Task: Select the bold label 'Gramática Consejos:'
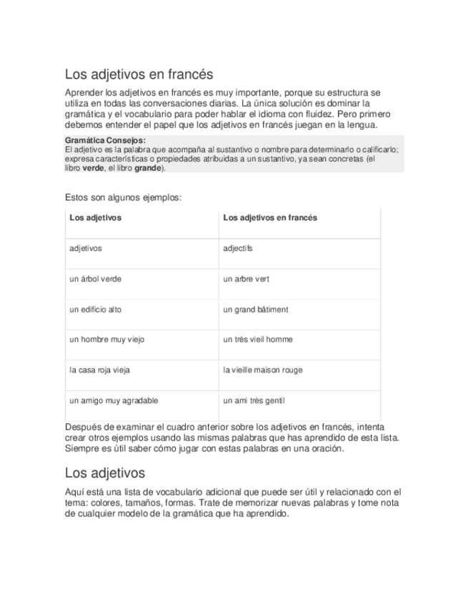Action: click(x=105, y=140)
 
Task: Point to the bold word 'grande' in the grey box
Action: click(x=148, y=169)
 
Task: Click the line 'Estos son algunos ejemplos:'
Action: click(x=123, y=197)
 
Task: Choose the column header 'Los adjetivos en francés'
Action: click(x=270, y=218)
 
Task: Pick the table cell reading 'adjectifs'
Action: click(x=238, y=249)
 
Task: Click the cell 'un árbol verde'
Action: click(x=96, y=279)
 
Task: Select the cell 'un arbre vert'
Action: click(x=246, y=279)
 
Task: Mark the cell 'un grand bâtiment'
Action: click(x=256, y=309)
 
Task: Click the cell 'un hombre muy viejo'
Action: click(x=106, y=339)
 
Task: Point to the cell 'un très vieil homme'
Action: click(x=258, y=339)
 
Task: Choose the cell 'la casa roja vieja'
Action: click(x=100, y=370)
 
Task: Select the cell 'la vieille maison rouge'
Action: click(x=263, y=370)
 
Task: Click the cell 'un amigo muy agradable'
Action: click(x=114, y=400)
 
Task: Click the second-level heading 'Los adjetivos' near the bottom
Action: click(x=104, y=473)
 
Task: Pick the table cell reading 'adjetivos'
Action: click(x=86, y=249)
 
